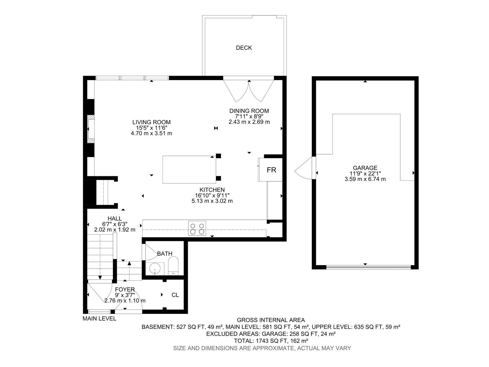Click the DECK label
click(x=244, y=48)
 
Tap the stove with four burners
click(x=197, y=228)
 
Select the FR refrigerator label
click(x=271, y=170)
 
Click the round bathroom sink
click(x=156, y=269)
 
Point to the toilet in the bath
click(x=173, y=266)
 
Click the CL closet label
click(x=175, y=295)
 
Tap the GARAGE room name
click(x=365, y=168)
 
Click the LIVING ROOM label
click(x=151, y=122)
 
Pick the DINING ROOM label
click(x=249, y=111)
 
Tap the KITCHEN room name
click(x=212, y=190)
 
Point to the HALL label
click(x=115, y=219)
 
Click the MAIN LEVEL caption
click(x=99, y=319)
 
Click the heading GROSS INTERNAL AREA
click(x=271, y=320)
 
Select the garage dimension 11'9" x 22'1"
click(x=365, y=173)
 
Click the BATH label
click(x=165, y=254)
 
